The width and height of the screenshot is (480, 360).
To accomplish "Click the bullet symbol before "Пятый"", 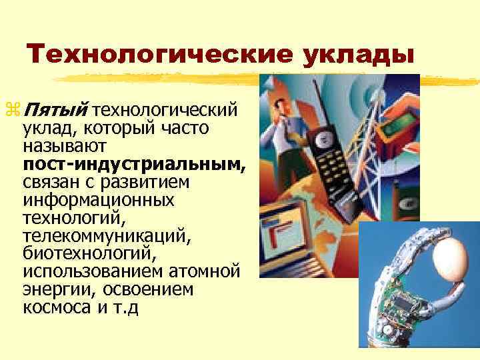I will (x=16, y=108).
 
